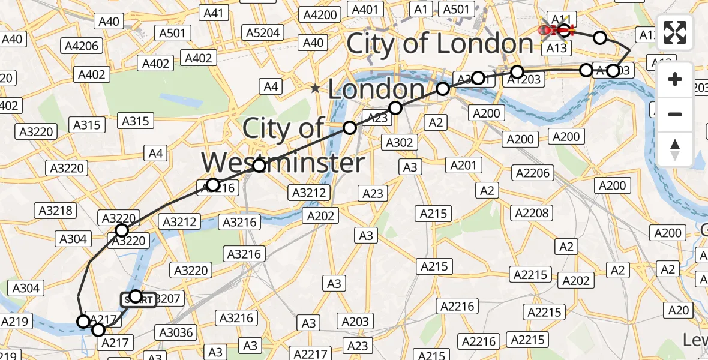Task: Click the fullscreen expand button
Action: pos(675,32)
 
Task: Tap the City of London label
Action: pos(440,44)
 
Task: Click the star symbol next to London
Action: pos(316,89)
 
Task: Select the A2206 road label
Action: pos(532,173)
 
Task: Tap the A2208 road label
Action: pos(532,212)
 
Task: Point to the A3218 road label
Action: pos(56,211)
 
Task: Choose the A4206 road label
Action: pos(82,46)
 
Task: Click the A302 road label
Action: pos(399,142)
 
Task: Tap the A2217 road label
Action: pos(311,354)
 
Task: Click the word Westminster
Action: pos(283,163)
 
